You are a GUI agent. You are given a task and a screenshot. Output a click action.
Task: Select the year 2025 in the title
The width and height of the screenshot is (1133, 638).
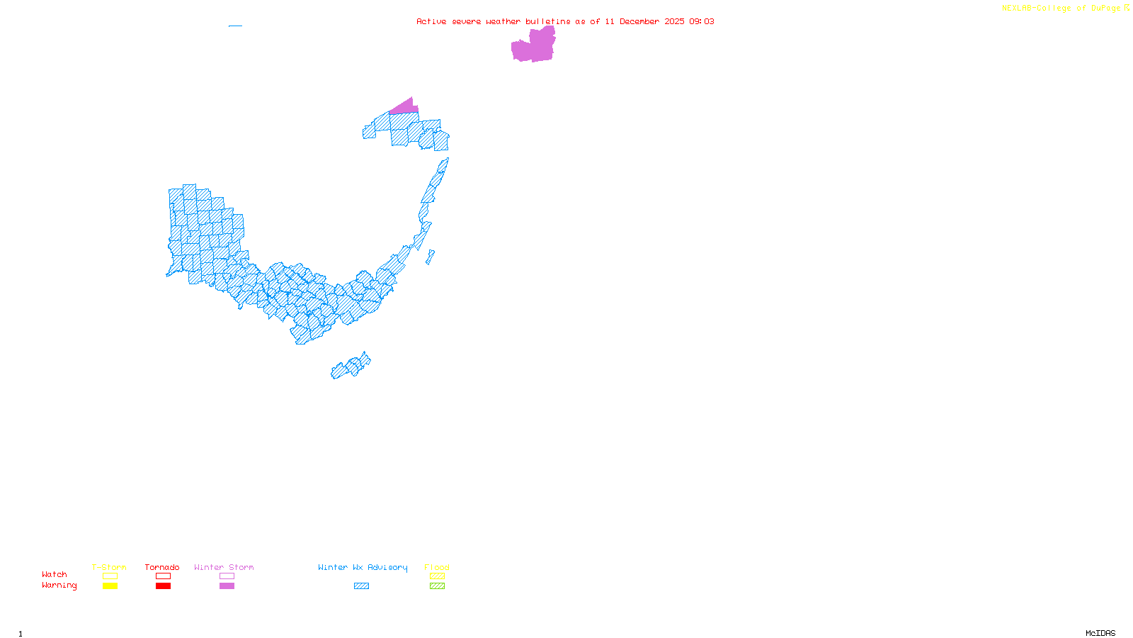(x=674, y=21)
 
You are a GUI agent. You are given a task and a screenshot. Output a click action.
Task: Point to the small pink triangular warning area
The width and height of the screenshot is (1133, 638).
(x=405, y=107)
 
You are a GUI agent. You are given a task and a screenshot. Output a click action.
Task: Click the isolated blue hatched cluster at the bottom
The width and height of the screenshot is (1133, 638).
(x=351, y=367)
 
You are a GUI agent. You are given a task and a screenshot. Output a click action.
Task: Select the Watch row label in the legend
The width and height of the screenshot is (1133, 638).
(x=55, y=575)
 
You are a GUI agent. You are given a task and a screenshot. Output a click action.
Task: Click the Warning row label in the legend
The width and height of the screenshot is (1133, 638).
(x=59, y=586)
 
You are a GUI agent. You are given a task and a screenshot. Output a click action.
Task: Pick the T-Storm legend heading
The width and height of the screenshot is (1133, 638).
(x=109, y=567)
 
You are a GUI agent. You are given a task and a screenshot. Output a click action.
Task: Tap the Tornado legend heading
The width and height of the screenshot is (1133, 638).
(x=162, y=567)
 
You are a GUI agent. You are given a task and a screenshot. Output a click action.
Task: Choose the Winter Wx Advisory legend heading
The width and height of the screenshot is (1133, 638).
(x=363, y=567)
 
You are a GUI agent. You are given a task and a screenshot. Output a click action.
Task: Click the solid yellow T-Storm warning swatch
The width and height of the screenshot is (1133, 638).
(x=110, y=586)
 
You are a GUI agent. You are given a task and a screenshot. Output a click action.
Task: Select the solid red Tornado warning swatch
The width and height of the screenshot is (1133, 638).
(x=163, y=586)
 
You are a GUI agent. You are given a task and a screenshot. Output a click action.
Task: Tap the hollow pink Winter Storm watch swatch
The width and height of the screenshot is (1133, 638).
(x=227, y=576)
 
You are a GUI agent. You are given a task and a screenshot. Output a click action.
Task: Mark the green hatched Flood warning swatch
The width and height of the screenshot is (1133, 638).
(x=437, y=586)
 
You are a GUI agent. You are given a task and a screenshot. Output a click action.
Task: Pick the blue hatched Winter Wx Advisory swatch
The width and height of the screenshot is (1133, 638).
(x=361, y=586)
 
